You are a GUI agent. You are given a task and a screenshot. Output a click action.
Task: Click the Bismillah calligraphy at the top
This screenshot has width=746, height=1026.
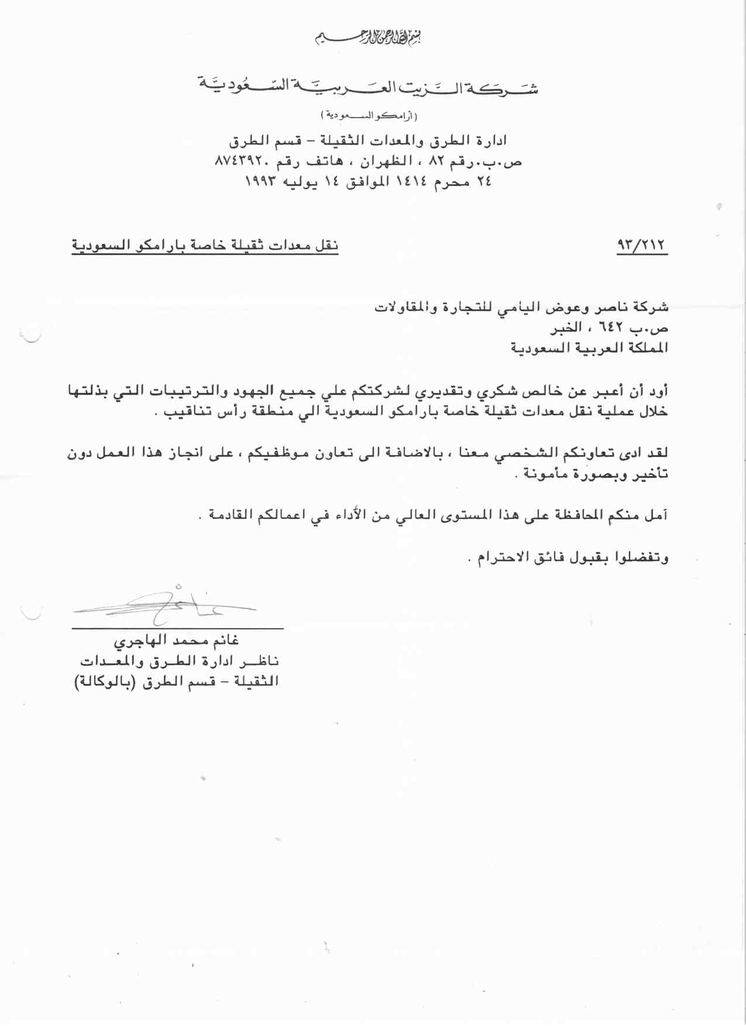[369, 38]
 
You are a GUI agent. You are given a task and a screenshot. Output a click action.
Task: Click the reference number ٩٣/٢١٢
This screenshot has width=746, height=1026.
[642, 244]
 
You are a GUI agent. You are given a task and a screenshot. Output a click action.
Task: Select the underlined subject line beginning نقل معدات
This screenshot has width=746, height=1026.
[205, 245]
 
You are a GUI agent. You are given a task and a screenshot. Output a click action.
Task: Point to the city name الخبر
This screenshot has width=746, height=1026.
[566, 328]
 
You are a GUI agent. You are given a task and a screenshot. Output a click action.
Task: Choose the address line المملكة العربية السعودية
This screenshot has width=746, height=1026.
[589, 348]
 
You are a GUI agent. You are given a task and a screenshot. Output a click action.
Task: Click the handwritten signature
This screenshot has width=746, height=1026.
[170, 604]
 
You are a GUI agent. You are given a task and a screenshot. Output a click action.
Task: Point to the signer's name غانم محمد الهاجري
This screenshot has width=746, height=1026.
[176, 641]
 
